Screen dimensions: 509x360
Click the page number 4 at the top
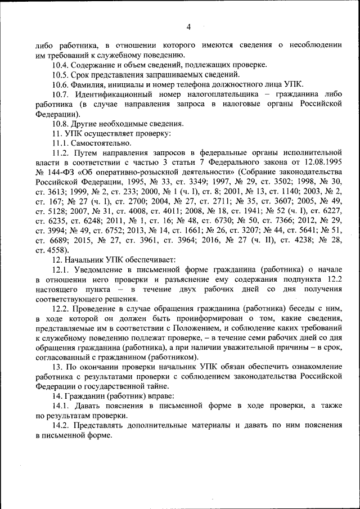click(189, 27)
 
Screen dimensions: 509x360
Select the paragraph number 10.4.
click(61, 65)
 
